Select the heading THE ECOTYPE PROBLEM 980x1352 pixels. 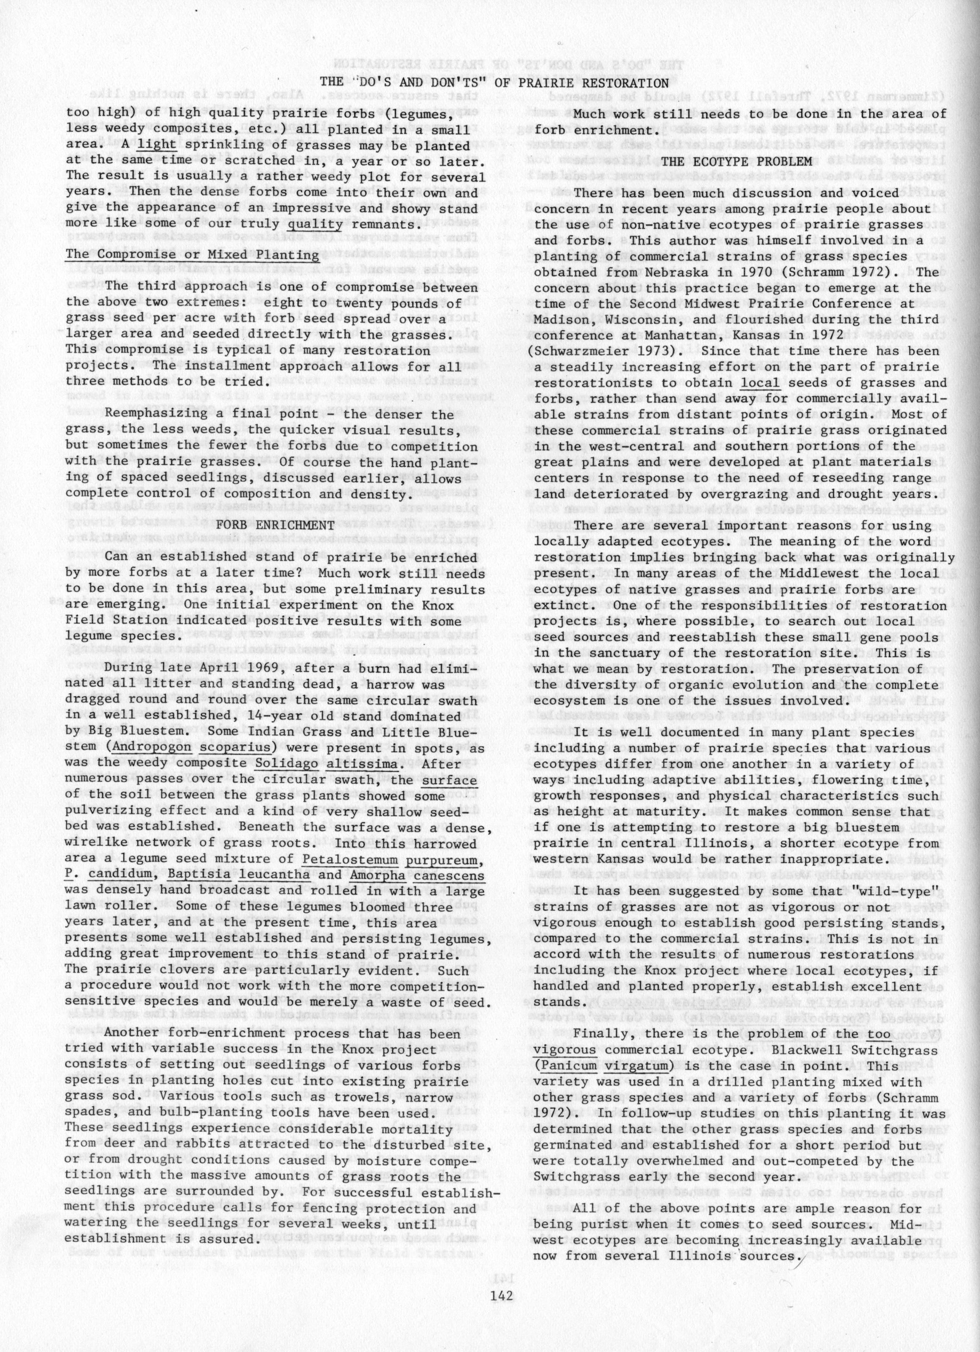pos(736,161)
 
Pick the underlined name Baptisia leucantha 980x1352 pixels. pos(238,875)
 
